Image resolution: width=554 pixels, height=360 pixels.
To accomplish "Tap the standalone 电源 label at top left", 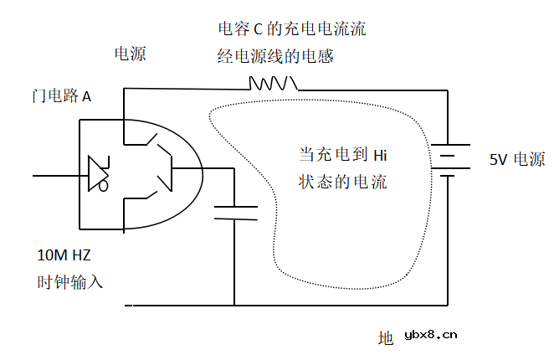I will pos(130,54).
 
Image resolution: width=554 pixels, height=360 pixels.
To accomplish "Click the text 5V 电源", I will pos(517,159).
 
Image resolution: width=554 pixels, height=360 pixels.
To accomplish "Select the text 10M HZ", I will pos(64,255).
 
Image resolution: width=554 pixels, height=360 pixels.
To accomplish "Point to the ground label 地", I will pos(386,338).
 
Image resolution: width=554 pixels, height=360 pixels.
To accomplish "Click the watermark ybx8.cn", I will pos(430,336).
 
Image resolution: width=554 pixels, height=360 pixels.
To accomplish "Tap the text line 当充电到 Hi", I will pos(343,155).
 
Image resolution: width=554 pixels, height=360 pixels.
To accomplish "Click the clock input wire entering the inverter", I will pos(59,176).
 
